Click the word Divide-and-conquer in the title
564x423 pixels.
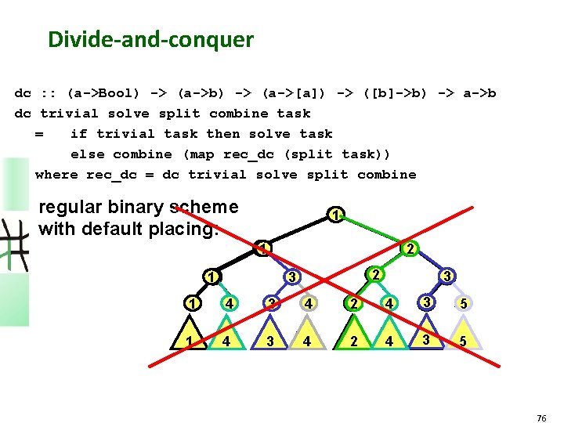coord(150,39)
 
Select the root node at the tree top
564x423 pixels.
coord(334,215)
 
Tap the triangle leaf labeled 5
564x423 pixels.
coord(463,341)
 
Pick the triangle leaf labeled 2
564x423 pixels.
coord(355,341)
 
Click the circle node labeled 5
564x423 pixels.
coord(463,303)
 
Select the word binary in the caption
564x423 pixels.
coord(130,208)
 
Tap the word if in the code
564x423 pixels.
coord(78,134)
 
